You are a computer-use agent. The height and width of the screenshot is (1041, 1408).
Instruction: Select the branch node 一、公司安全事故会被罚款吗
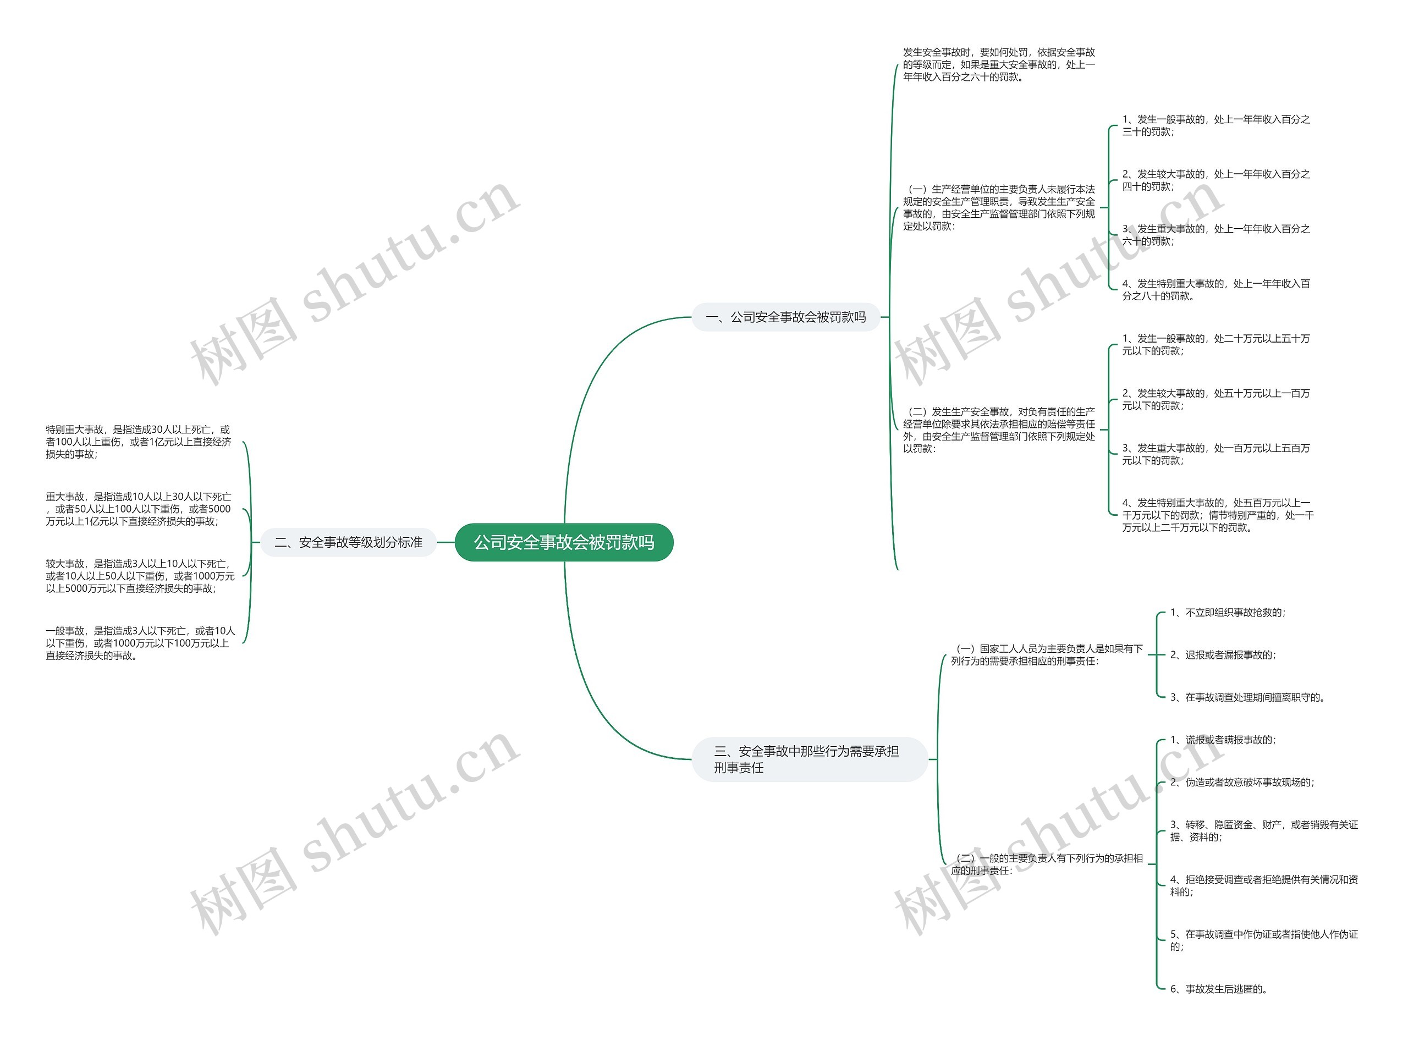[785, 317]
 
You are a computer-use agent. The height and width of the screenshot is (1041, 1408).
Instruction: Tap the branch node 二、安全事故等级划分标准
[348, 542]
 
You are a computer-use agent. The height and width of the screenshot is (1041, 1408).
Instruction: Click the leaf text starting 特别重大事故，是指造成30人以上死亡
[139, 442]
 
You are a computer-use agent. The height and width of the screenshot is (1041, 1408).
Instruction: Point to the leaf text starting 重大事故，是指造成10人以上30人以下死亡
[139, 509]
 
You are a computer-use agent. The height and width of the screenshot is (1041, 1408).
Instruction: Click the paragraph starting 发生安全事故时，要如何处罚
[998, 64]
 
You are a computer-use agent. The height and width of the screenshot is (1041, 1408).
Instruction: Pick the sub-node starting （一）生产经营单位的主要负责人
[998, 207]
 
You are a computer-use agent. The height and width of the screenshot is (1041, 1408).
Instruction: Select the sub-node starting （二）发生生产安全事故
[998, 429]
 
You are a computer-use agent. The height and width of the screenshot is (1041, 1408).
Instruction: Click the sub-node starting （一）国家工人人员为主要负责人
[1046, 655]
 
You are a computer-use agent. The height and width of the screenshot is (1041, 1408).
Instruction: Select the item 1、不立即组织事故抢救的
[1227, 613]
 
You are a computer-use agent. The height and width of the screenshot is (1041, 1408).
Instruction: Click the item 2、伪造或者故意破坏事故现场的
[1241, 783]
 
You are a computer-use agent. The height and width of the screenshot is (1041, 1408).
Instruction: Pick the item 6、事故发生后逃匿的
[1218, 989]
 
